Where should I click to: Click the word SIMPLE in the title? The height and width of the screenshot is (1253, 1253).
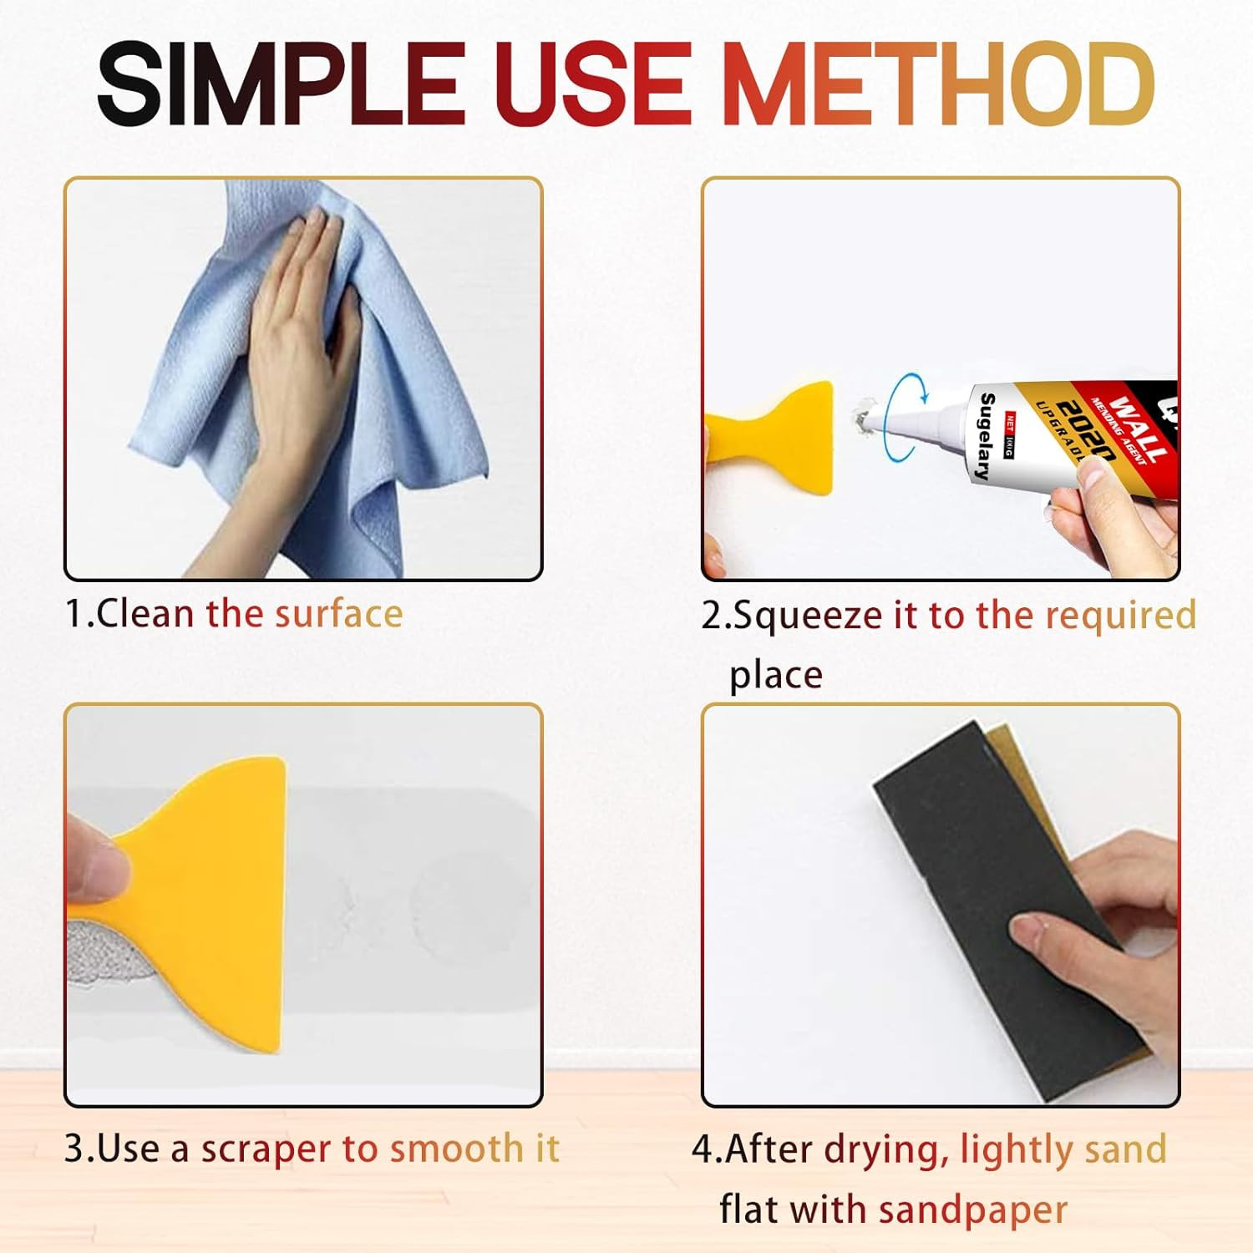[x=280, y=84]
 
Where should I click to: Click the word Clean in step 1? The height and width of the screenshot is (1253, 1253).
[x=145, y=614]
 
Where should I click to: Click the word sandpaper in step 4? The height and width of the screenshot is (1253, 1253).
[x=973, y=1210]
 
